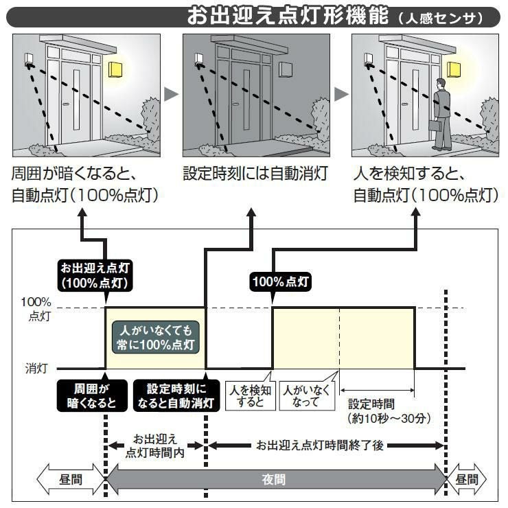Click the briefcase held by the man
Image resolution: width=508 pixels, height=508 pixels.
coord(434,126)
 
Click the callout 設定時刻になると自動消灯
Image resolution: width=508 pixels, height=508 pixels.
coord(176,396)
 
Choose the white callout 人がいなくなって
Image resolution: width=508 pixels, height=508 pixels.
coord(301,395)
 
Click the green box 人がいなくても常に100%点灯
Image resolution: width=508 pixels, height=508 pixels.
coord(155,335)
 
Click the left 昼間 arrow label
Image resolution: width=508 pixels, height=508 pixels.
coord(71,478)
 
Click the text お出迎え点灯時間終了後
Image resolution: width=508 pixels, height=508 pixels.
coord(319,445)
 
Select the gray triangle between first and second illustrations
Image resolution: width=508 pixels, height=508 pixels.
coord(172,94)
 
